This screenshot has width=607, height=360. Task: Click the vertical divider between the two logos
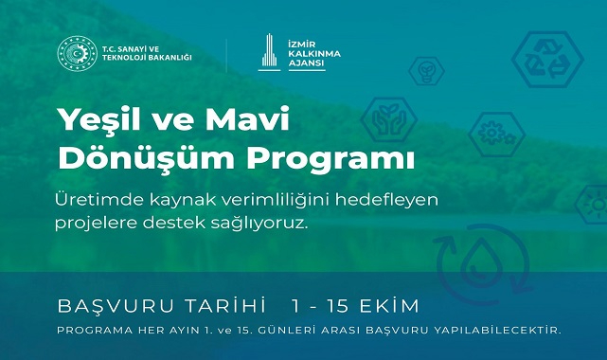coord(226,54)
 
